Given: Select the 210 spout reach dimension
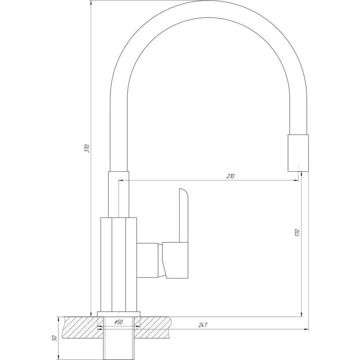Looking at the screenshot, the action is coord(230,176).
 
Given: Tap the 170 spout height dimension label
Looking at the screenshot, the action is coord(298,233).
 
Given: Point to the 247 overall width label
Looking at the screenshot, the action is coord(203,325).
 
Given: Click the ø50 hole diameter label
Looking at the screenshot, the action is coord(118,322).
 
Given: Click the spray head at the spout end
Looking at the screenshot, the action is coord(298,153).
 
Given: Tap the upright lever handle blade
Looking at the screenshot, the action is coord(184,215).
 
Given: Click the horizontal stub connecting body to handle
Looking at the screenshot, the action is coord(147,260).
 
